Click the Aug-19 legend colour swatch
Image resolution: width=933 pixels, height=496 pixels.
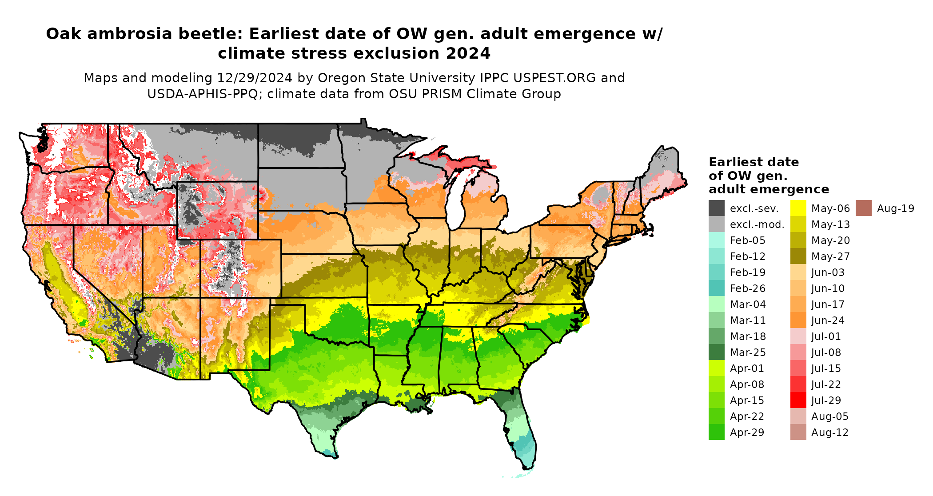pos(863,208)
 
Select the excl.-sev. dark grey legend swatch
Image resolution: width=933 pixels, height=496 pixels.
pos(716,208)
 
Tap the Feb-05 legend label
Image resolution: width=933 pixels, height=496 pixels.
pos(747,240)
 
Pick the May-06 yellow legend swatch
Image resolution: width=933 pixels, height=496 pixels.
pos(798,208)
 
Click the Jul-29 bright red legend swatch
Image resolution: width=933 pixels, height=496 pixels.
pos(798,400)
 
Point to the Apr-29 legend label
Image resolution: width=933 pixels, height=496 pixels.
pos(747,432)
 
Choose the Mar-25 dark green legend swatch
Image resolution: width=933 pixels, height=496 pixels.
pos(716,352)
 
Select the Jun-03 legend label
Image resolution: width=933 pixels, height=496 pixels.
pos(828,272)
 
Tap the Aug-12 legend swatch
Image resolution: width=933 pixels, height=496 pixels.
pos(798,432)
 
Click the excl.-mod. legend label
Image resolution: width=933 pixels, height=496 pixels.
pos(757,224)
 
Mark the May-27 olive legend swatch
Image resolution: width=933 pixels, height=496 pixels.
pos(798,256)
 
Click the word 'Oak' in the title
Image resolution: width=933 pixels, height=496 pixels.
pos(64,34)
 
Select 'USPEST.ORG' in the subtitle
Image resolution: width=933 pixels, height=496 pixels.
pos(554,78)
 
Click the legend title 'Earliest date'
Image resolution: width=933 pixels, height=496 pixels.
pos(754,162)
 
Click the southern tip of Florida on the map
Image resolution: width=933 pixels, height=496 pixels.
pos(527,467)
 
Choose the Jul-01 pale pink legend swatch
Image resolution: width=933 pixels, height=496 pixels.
pos(798,336)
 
